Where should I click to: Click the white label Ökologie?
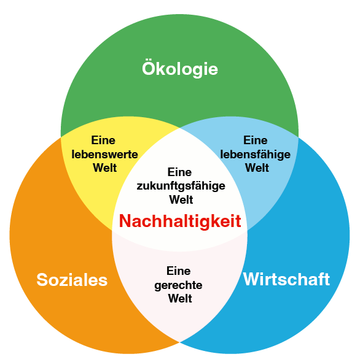pos(180,69)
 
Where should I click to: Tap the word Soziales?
pos(72,280)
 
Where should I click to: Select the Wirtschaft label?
pos(286,279)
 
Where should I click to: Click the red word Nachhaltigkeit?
pos(180,221)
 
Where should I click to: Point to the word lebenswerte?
pos(104,154)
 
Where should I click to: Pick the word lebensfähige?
pos(256,155)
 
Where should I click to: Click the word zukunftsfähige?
pos(181,186)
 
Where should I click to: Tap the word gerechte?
pos(178,285)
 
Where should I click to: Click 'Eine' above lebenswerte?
pos(103,141)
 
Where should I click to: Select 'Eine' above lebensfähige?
pos(256,141)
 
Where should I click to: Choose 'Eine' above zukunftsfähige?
pos(179,172)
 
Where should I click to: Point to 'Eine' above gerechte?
pos(179,271)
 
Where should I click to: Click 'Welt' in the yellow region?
pos(104,168)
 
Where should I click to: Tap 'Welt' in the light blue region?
pos(257,168)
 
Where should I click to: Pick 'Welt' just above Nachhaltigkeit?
pos(181,199)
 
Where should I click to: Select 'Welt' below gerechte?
pos(180,299)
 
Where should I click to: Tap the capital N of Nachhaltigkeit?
pos(125,221)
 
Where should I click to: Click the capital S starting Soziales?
pos(42,280)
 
